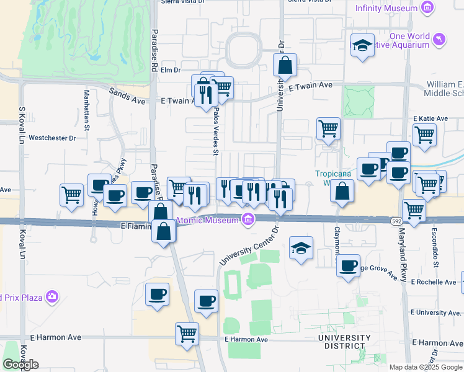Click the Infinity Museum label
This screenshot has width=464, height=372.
[x=386, y=8]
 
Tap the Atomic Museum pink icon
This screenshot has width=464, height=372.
[x=248, y=219]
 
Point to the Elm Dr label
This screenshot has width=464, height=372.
[x=170, y=70]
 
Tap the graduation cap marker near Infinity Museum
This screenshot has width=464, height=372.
[x=362, y=45]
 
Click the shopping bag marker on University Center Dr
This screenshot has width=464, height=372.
[x=285, y=65]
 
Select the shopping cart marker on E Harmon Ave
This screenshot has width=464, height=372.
[x=187, y=334]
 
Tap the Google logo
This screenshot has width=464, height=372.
[x=20, y=364]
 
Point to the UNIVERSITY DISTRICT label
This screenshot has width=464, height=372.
[x=344, y=342]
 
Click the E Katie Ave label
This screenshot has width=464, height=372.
[x=430, y=118]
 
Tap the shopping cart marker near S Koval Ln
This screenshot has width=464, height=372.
[x=72, y=195]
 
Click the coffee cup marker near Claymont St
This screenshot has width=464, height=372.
[x=349, y=266]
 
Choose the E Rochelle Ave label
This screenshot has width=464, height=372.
[x=434, y=282]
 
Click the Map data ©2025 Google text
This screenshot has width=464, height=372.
[x=425, y=367]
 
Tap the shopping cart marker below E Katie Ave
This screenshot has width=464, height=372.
[x=424, y=135]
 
